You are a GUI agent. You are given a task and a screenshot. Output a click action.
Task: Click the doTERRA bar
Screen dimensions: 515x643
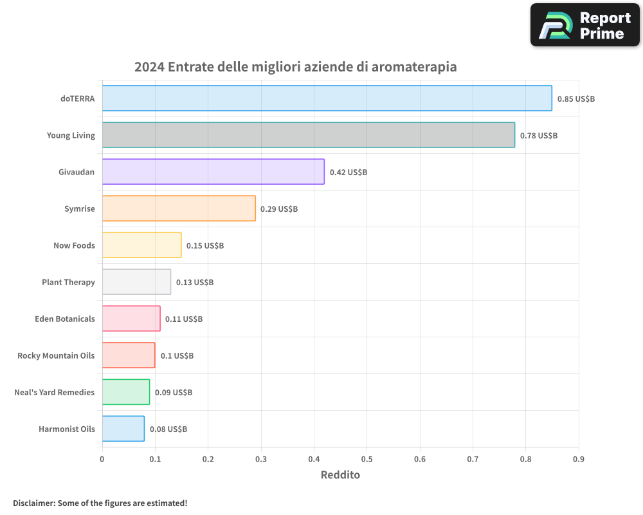[x=327, y=98]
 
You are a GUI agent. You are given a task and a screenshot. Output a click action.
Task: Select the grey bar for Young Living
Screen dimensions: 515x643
[x=308, y=135]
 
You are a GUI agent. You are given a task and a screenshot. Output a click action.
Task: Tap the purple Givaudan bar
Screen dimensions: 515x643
[x=213, y=172]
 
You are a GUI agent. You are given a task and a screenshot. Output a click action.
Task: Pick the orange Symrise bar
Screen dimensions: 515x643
[x=179, y=209]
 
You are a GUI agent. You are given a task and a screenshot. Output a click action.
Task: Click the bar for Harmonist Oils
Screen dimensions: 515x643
[x=123, y=429]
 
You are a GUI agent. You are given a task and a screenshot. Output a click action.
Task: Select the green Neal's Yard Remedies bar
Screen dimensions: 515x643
[x=126, y=392]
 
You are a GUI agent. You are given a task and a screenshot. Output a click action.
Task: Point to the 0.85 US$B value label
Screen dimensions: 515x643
[x=575, y=99]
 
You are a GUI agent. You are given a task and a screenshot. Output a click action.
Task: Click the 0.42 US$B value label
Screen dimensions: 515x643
[x=348, y=173]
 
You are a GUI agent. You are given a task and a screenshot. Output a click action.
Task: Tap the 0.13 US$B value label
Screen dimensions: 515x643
[x=195, y=283]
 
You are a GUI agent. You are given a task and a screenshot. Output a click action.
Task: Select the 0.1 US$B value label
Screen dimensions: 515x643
[x=177, y=356]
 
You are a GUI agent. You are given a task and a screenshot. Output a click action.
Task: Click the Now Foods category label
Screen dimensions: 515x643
[x=74, y=245]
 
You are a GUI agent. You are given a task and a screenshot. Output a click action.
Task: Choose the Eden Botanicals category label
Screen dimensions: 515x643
[x=65, y=319]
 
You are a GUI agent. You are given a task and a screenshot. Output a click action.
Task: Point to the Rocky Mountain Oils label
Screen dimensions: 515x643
[x=56, y=355]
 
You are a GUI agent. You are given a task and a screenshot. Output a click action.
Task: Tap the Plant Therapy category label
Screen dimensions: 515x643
[x=68, y=282]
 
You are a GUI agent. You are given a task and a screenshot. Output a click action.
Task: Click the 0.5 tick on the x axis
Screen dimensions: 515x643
[x=367, y=459]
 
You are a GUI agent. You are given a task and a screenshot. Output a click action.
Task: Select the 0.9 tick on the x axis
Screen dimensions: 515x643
[x=578, y=459]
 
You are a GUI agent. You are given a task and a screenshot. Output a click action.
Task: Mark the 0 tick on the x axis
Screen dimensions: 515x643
[x=102, y=459]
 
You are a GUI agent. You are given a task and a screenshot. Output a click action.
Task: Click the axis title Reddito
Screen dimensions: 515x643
[x=340, y=475]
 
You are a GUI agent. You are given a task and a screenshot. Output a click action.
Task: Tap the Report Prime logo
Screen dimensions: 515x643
[x=584, y=25]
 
